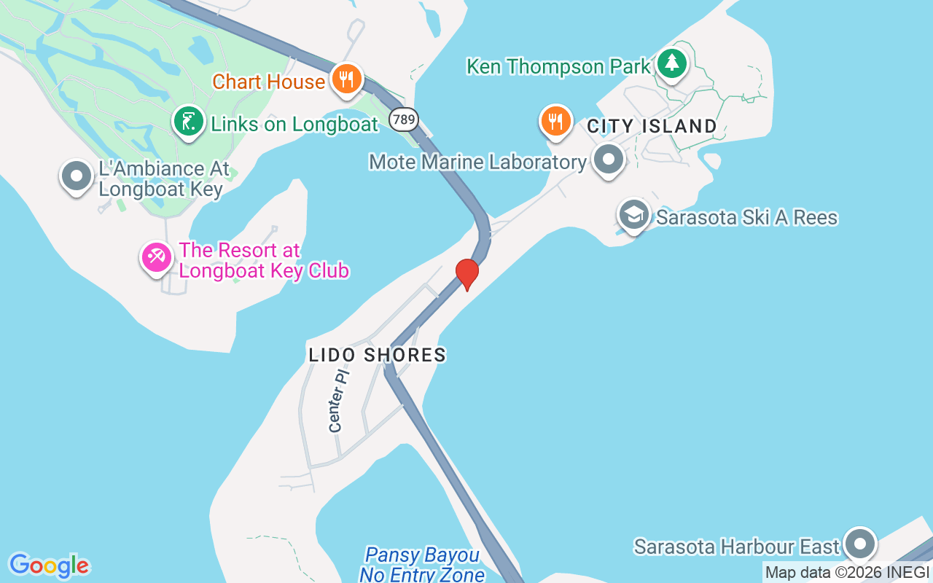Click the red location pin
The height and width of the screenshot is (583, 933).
[467, 274]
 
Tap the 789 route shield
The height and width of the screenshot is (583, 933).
[403, 119]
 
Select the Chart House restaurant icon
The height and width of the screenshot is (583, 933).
[347, 79]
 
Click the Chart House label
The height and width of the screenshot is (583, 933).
[268, 82]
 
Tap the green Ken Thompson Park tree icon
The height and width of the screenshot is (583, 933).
[672, 63]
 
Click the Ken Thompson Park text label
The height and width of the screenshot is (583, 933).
[558, 67]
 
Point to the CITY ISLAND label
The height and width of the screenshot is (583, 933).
[652, 126]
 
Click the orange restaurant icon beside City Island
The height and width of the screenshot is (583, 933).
[556, 121]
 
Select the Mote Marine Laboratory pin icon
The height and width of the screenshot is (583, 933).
[608, 159]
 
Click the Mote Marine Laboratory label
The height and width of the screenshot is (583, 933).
[477, 161]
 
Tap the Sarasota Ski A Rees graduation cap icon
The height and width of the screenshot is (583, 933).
[634, 215]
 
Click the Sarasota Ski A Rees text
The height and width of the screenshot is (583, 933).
[747, 217]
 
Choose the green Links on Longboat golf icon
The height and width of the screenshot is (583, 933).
[189, 121]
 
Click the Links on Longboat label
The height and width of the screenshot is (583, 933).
[294, 124]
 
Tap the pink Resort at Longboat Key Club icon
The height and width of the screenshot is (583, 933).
[156, 257]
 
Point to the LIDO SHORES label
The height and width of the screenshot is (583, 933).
[378, 355]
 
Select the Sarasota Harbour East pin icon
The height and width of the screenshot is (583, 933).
[860, 544]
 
